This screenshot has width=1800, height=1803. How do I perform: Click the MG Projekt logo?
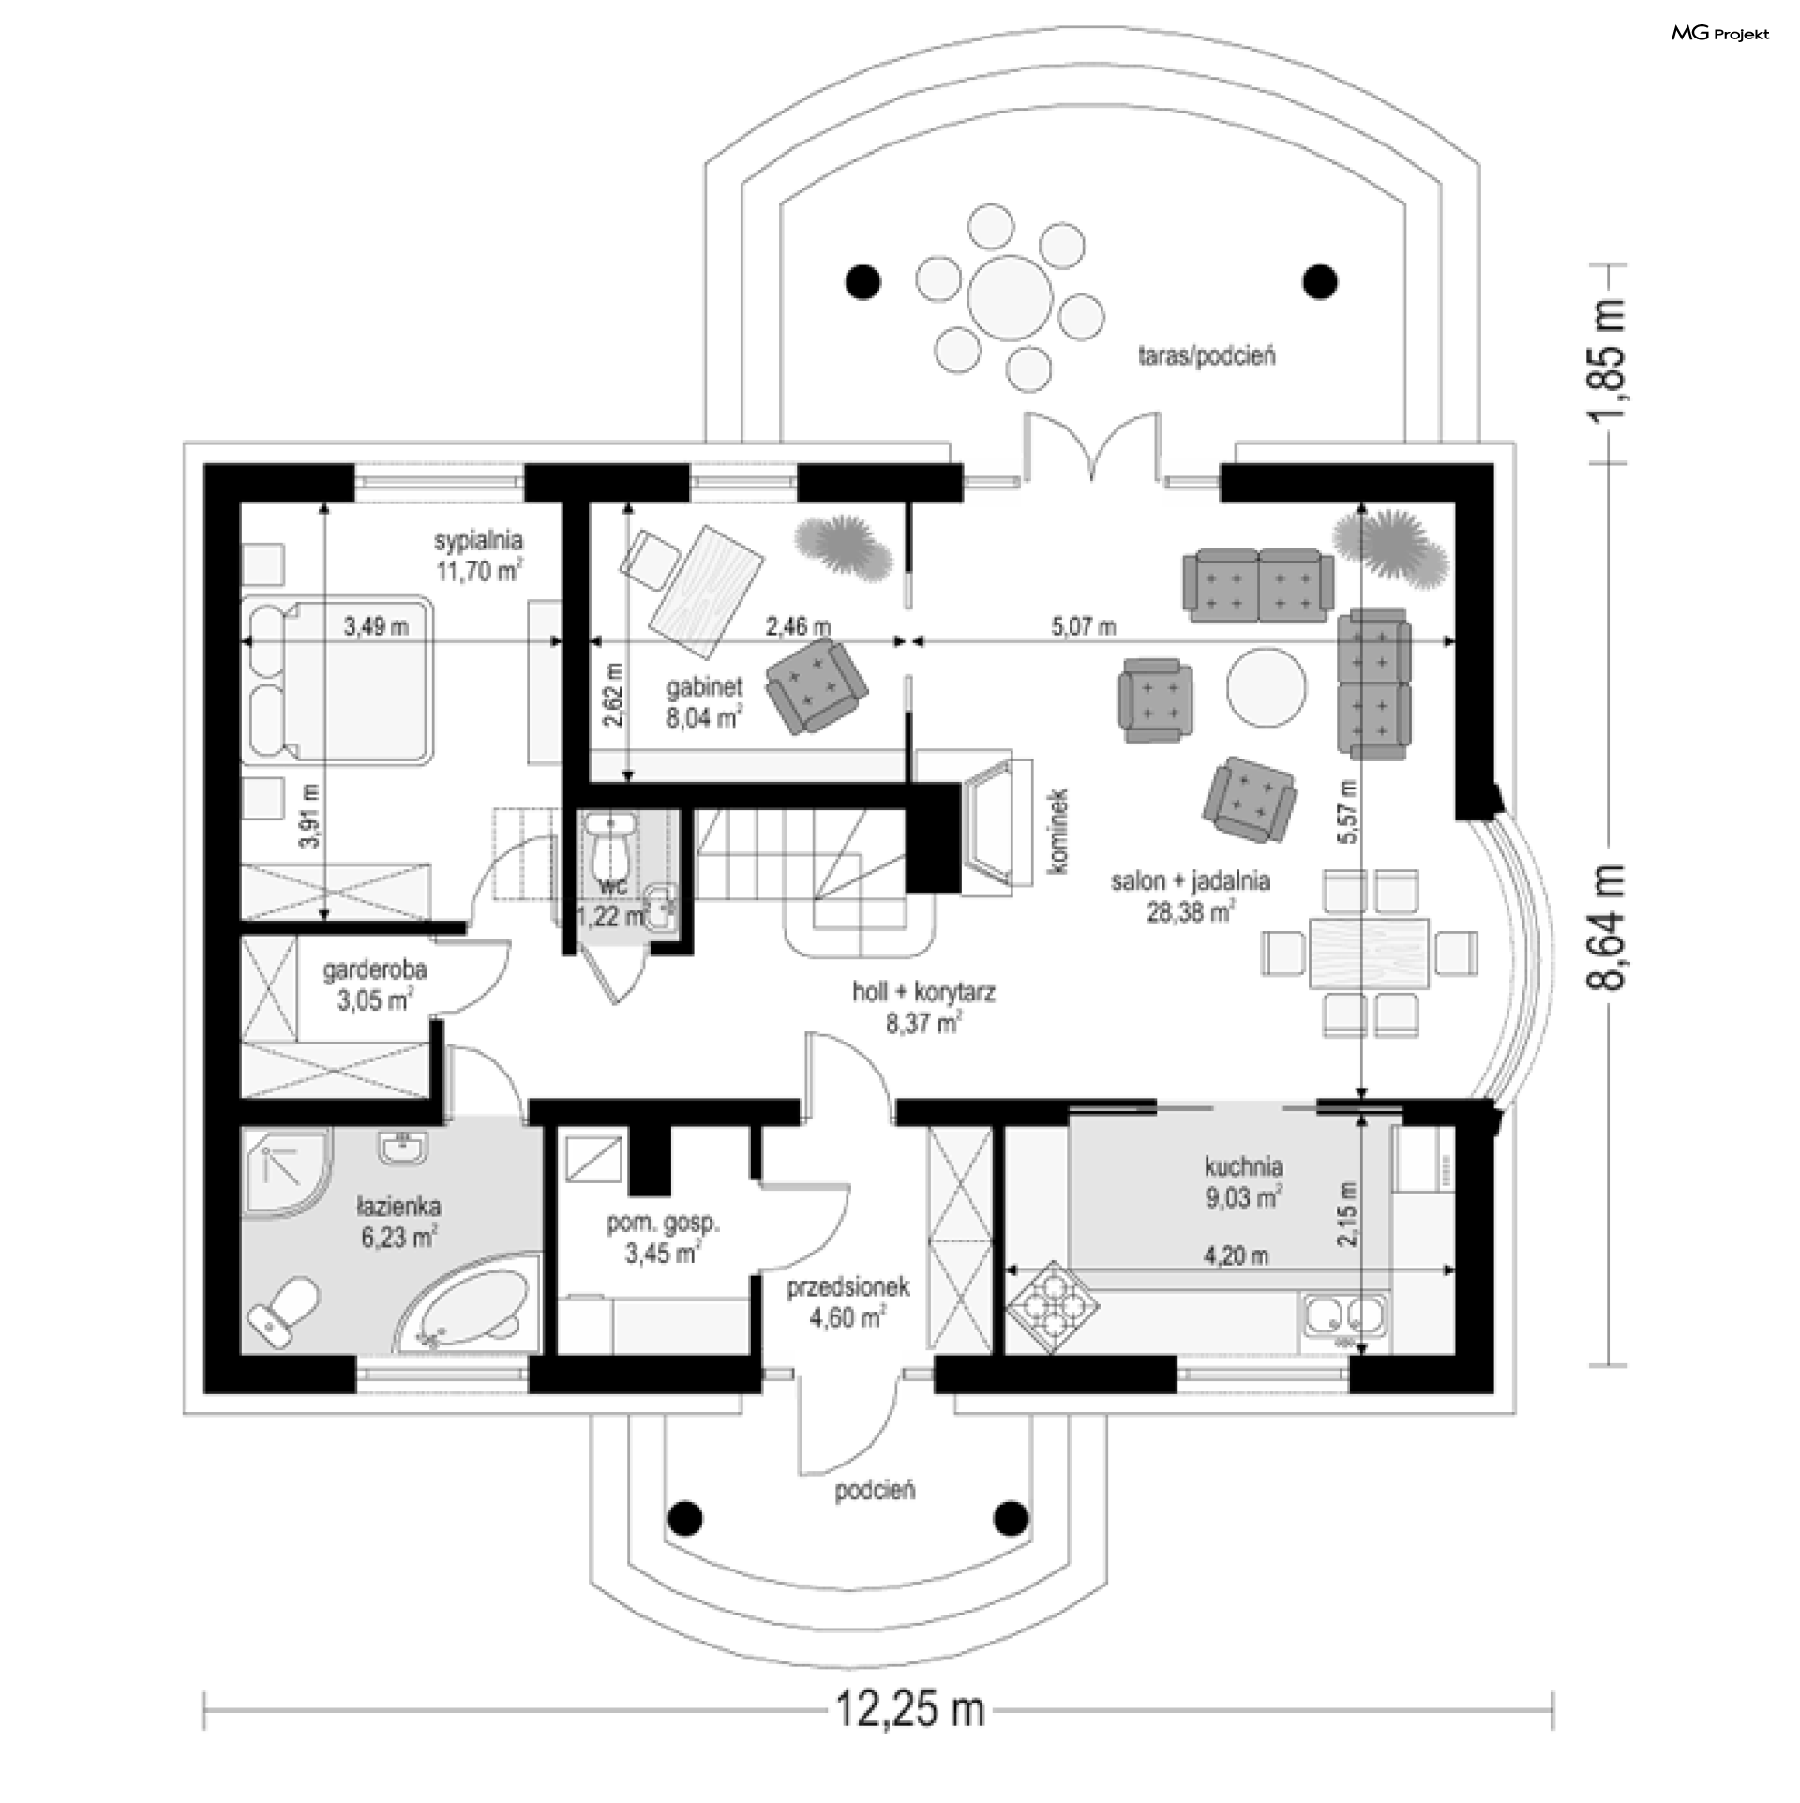click(1720, 34)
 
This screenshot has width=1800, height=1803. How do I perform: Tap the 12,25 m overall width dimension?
click(909, 1736)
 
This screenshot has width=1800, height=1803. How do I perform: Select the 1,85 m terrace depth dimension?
click(1605, 363)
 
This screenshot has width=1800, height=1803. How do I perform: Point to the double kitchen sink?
click(1342, 1315)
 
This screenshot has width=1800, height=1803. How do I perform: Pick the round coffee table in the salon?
click(1267, 687)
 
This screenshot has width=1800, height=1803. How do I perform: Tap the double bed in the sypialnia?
click(338, 679)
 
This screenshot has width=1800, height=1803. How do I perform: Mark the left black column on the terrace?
click(863, 280)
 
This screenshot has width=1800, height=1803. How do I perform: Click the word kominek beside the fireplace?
click(1059, 832)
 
